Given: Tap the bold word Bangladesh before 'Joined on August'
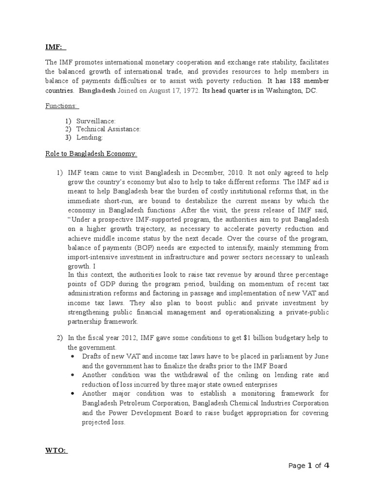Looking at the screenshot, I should (96, 91).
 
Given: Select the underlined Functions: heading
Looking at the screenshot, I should (62, 106).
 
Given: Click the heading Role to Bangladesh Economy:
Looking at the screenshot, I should (91, 154).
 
